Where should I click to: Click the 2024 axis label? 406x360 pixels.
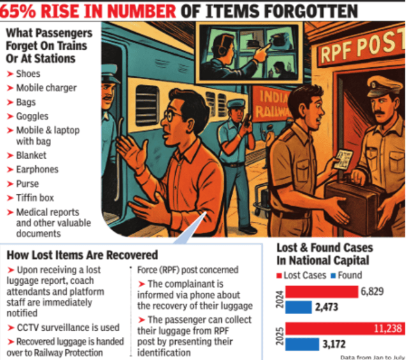[x=280, y=300]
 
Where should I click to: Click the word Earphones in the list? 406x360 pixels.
[x=37, y=169]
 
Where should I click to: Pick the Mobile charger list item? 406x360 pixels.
[x=46, y=88]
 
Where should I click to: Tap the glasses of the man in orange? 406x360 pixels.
[x=171, y=116]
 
